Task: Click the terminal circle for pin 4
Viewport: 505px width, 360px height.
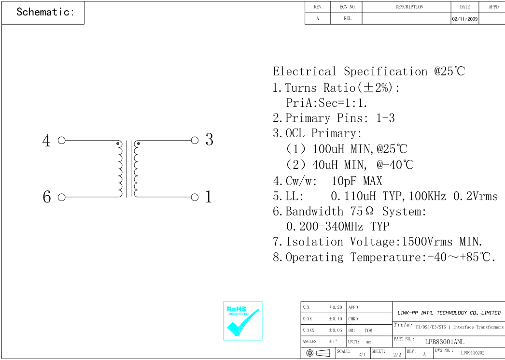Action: pos(61,141)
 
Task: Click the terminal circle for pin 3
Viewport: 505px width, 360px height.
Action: pos(195,141)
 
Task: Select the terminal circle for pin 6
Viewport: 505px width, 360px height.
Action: pos(61,197)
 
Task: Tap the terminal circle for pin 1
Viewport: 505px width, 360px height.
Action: pos(195,197)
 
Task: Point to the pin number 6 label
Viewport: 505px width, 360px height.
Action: pos(47,197)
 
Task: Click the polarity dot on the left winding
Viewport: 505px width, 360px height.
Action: pos(118,144)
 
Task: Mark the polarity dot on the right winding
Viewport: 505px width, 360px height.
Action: pos(139,144)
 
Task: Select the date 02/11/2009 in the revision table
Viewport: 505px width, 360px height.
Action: pos(464,19)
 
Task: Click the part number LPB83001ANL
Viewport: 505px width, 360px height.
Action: pos(445,342)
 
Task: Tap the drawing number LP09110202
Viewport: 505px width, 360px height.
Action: pos(473,353)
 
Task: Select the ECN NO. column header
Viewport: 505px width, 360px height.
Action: pos(347,7)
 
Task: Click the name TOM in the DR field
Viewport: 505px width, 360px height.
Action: pos(368,331)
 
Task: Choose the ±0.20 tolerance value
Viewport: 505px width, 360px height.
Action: pos(335,307)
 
